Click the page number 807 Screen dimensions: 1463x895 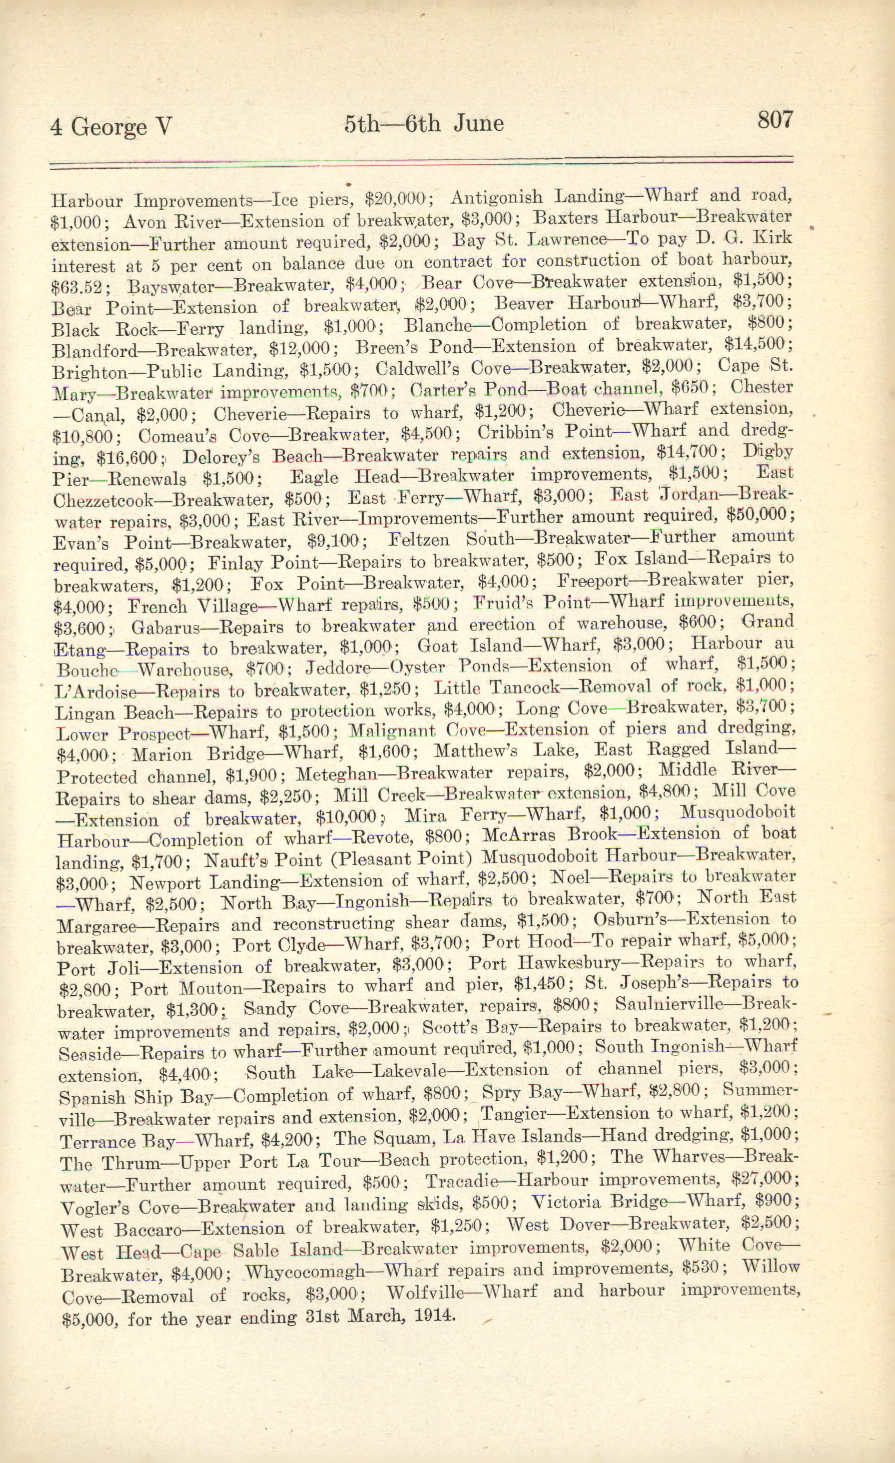(775, 120)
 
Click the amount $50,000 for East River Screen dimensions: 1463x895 (756, 514)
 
